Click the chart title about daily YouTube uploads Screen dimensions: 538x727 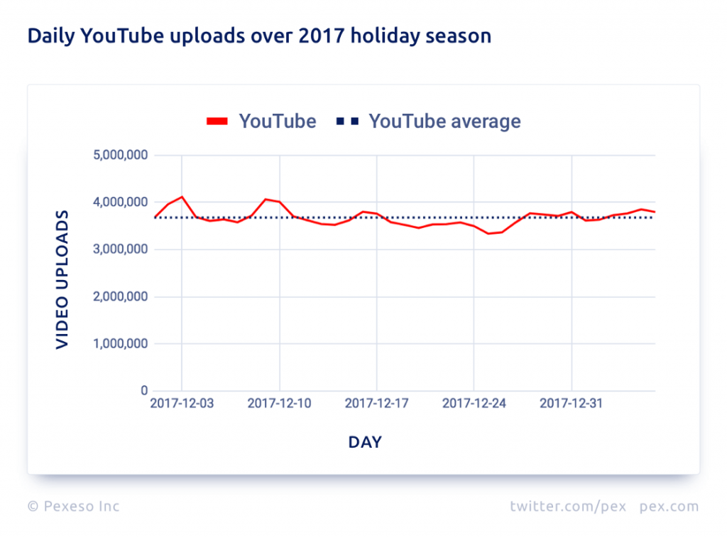(x=259, y=36)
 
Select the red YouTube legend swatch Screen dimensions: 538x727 (x=217, y=122)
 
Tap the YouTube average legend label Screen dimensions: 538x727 (x=444, y=122)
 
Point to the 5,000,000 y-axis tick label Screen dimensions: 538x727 (x=120, y=155)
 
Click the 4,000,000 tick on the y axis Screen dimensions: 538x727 (x=120, y=203)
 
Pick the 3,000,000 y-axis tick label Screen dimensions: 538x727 (x=120, y=249)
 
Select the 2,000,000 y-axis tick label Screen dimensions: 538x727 (x=120, y=297)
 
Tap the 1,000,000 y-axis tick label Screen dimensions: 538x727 (x=120, y=344)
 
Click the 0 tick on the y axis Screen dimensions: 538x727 (x=143, y=391)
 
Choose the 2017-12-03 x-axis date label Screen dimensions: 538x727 (x=182, y=404)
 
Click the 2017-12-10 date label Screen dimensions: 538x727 (x=279, y=404)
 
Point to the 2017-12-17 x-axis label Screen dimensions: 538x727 (x=376, y=404)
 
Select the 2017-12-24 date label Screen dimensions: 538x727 (x=474, y=404)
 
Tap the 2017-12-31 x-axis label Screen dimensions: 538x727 (x=572, y=404)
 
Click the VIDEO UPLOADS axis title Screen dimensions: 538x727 (x=62, y=279)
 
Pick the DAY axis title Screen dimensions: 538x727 (x=365, y=443)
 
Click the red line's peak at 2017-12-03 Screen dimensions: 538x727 (x=182, y=197)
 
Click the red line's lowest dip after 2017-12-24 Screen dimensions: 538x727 (x=488, y=234)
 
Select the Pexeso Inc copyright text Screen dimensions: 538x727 (x=74, y=507)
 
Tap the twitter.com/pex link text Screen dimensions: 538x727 (x=567, y=507)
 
